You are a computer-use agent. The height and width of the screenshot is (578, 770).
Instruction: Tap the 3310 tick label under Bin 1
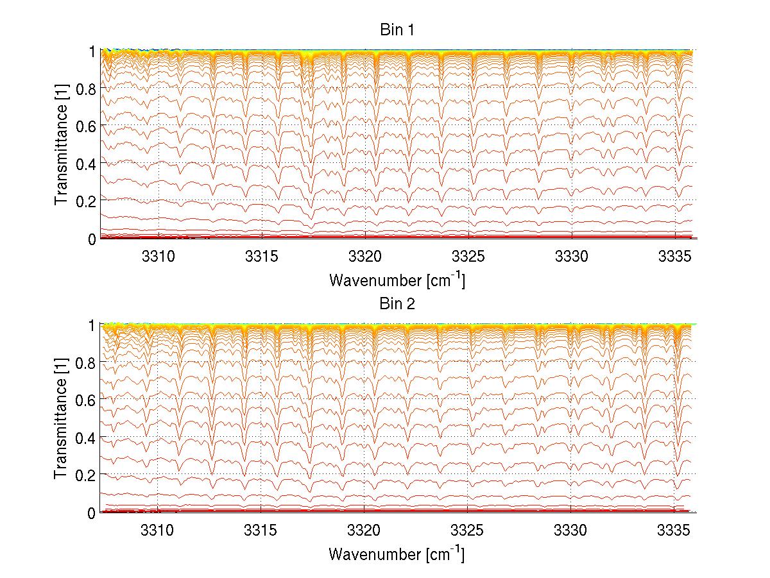click(158, 255)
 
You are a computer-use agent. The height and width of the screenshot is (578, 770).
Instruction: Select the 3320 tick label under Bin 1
click(364, 255)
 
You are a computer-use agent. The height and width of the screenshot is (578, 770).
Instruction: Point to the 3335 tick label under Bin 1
click(674, 255)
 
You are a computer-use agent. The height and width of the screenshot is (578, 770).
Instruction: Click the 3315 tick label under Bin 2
click(261, 529)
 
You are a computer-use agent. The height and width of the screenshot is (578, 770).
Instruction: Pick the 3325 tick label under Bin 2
click(468, 529)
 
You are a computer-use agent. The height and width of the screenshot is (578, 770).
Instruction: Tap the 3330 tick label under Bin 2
click(571, 529)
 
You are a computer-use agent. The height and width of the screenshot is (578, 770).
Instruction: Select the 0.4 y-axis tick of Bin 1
click(86, 164)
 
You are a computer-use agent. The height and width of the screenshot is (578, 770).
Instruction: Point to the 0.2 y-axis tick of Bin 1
click(86, 201)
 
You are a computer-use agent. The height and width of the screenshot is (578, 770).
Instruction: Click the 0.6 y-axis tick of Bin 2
click(86, 400)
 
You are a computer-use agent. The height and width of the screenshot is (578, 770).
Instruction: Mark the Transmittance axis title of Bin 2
click(62, 419)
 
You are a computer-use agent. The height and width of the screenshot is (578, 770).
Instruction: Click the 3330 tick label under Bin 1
click(571, 255)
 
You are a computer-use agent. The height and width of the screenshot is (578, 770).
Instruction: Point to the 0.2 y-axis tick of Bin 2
click(86, 475)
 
